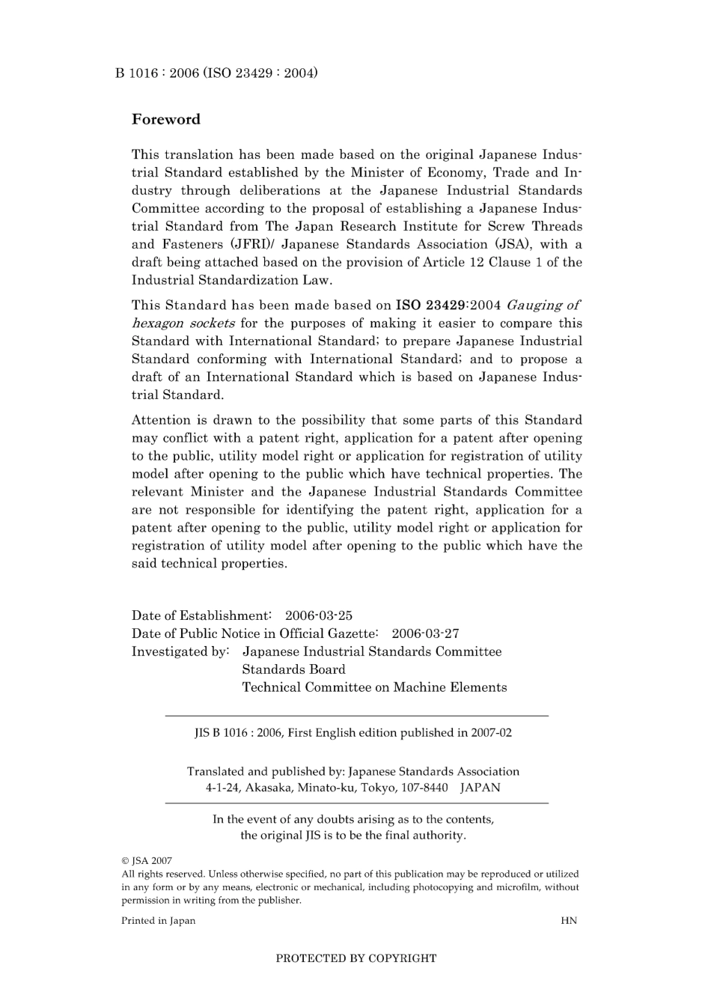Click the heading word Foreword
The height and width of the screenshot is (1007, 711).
click(165, 119)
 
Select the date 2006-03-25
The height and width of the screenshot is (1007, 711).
click(318, 615)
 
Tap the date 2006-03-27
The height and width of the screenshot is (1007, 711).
click(425, 633)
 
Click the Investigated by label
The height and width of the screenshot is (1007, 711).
click(180, 651)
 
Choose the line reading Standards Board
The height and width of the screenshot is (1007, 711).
click(293, 669)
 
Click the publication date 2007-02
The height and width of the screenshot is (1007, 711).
click(491, 733)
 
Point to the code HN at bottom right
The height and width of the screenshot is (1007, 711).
click(568, 921)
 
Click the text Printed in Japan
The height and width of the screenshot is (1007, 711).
click(158, 921)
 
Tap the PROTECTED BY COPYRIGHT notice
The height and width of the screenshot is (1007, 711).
click(355, 958)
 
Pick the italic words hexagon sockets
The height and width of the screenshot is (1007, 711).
click(183, 323)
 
